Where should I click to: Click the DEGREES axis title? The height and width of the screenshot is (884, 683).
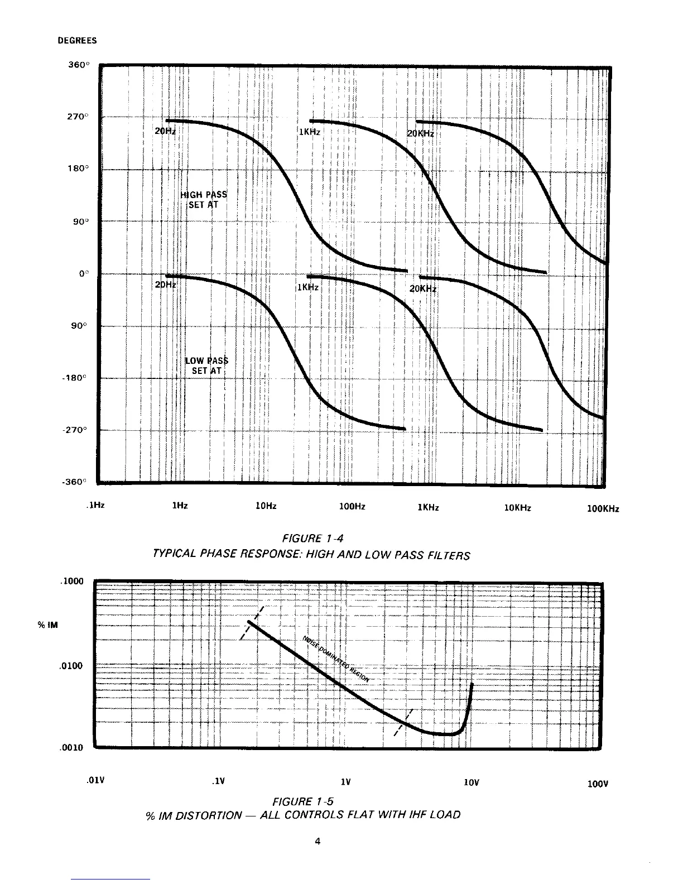tap(77, 41)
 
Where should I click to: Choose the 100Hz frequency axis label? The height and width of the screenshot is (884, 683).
tap(352, 507)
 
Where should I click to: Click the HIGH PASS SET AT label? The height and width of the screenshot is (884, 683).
tap(204, 199)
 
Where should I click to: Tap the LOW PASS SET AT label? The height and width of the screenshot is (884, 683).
tap(206, 366)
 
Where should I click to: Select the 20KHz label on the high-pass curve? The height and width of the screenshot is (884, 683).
tap(420, 134)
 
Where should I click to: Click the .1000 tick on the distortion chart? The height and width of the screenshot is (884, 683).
tap(71, 581)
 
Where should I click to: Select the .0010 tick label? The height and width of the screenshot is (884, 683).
tap(71, 748)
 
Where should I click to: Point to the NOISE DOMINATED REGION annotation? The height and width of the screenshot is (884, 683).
tap(336, 659)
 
